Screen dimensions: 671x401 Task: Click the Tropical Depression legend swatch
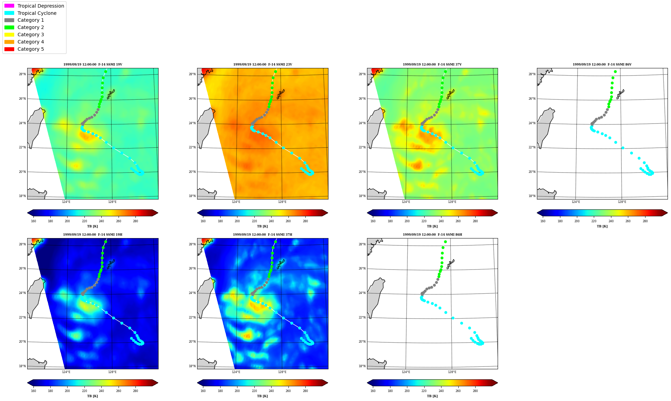pos(9,6)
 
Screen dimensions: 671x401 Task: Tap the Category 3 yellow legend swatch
pos(9,35)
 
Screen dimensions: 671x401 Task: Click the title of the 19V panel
pos(93,65)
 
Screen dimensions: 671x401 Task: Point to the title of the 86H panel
pos(433,235)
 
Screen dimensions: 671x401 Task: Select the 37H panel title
pos(263,235)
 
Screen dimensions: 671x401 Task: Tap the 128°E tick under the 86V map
pos(622,202)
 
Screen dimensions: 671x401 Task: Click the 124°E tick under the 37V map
pos(406,202)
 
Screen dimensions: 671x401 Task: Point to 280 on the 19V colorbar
pos(135,221)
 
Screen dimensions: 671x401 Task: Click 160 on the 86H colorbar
pos(373,391)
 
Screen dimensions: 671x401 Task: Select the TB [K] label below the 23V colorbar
pos(262,226)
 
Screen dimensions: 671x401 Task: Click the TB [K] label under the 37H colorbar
pos(262,396)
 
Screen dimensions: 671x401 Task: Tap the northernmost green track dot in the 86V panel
pos(615,72)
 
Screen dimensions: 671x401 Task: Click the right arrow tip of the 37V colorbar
pos(498,213)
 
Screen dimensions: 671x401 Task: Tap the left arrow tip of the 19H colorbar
pos(28,383)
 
